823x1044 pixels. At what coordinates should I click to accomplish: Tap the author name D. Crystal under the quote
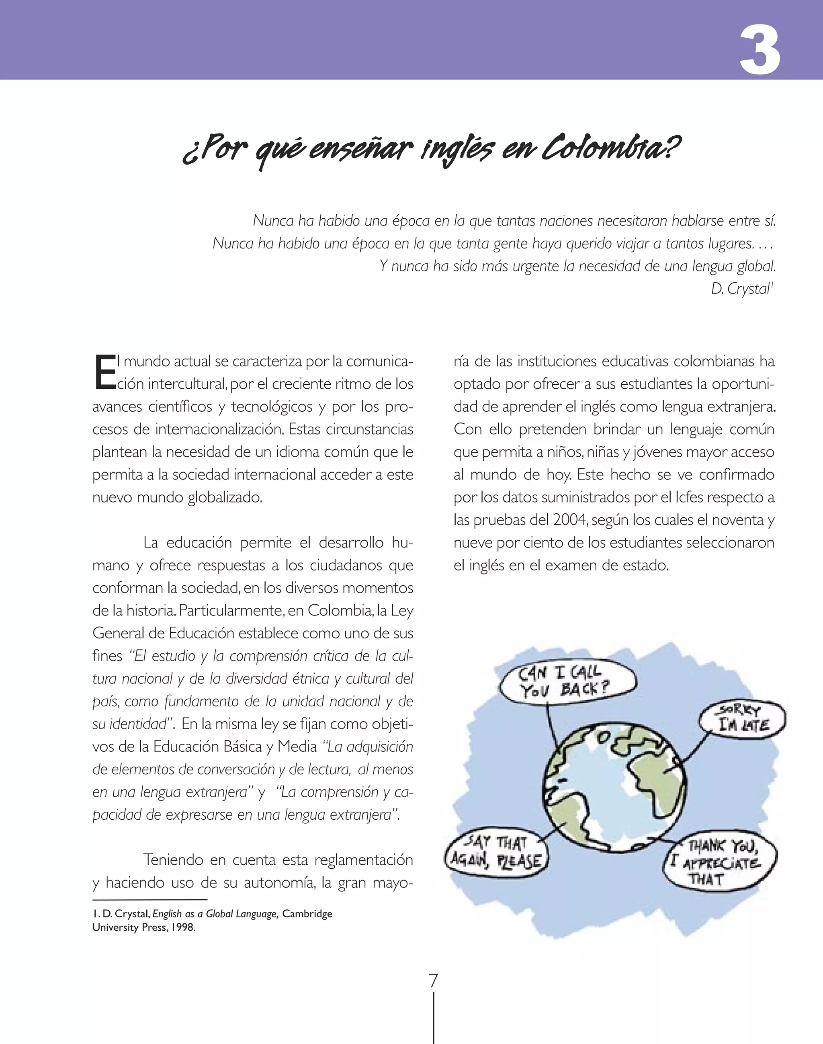(x=741, y=289)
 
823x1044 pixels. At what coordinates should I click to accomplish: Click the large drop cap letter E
(x=104, y=372)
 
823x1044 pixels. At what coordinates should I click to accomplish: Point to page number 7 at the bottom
(x=434, y=980)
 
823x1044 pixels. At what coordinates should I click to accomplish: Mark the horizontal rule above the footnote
(x=150, y=899)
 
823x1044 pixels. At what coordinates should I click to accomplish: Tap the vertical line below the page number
(x=434, y=1017)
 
